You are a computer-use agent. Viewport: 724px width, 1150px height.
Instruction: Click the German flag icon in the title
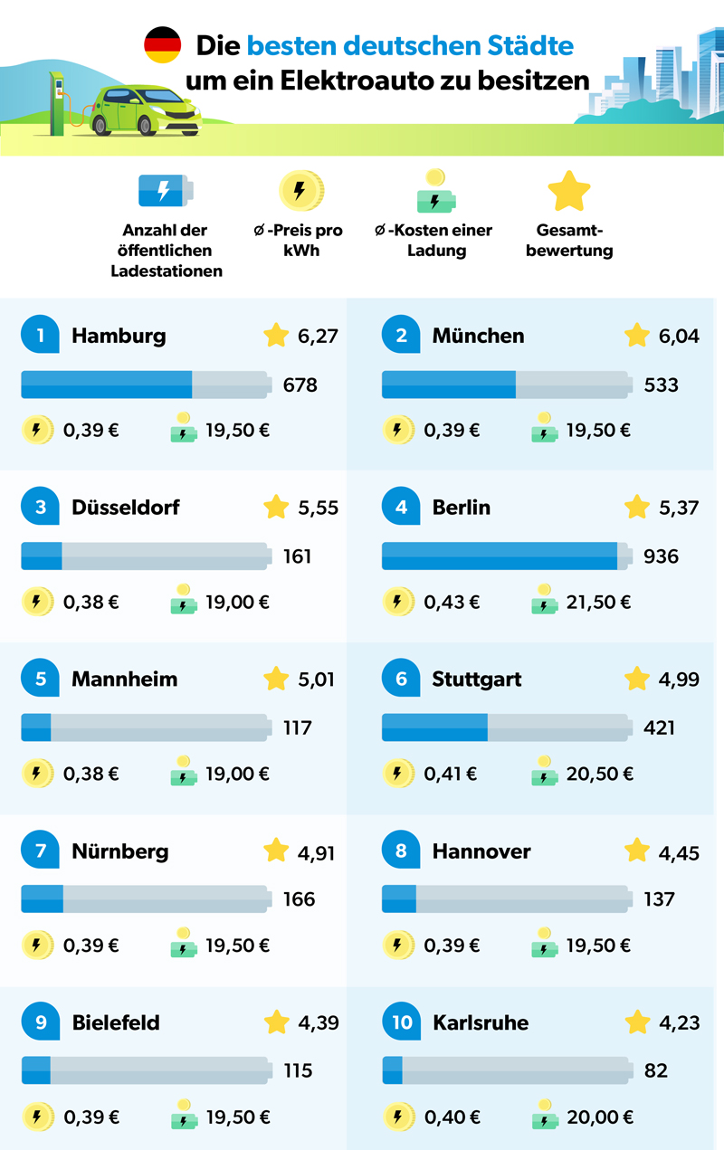click(163, 45)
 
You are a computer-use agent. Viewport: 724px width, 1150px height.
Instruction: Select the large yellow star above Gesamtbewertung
click(569, 191)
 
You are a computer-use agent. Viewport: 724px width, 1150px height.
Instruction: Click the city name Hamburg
click(119, 336)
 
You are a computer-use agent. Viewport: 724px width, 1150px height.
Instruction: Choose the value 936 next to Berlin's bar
click(661, 556)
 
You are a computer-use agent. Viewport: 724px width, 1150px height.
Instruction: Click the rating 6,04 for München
click(677, 337)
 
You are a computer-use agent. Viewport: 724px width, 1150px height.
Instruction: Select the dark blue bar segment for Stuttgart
click(434, 727)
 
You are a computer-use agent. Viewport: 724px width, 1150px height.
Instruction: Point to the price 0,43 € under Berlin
click(452, 602)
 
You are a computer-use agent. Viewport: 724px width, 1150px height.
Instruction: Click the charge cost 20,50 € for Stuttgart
click(599, 774)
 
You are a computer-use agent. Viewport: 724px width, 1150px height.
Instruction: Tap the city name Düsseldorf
click(126, 508)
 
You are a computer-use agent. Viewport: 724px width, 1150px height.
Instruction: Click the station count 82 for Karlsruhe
click(656, 1070)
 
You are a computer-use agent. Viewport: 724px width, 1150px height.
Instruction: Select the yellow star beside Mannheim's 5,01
click(276, 679)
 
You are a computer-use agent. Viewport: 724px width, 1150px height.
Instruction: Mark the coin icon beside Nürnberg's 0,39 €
click(36, 946)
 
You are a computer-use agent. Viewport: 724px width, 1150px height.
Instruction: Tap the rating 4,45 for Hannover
click(679, 852)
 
